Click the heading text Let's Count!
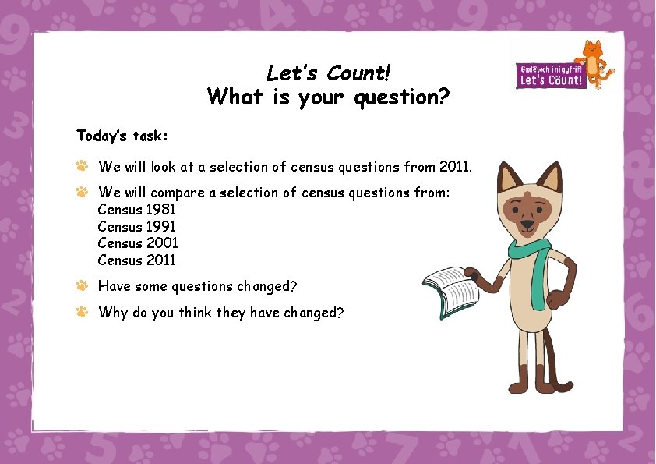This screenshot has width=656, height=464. pyautogui.click(x=328, y=73)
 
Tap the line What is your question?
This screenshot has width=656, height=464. pyautogui.click(x=328, y=97)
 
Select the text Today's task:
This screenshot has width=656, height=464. pyautogui.click(x=122, y=136)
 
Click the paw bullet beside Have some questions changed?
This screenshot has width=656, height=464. pyautogui.click(x=82, y=286)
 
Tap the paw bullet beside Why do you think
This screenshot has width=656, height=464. pyautogui.click(x=82, y=312)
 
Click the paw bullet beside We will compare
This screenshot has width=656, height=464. pyautogui.click(x=82, y=192)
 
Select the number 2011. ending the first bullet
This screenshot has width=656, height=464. pyautogui.click(x=456, y=166)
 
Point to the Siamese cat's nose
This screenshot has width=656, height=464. pyautogui.click(x=527, y=224)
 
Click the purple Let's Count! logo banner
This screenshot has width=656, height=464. pyautogui.click(x=551, y=76)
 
